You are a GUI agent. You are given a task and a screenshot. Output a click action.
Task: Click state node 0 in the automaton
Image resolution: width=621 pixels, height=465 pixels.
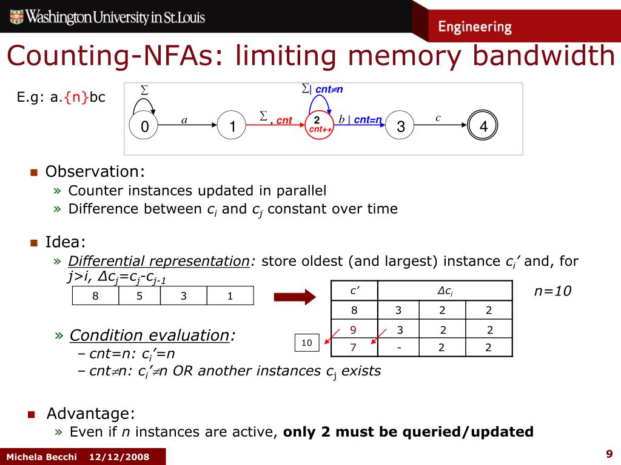click(x=145, y=127)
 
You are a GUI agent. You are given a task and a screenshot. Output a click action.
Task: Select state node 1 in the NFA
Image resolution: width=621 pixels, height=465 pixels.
click(x=232, y=127)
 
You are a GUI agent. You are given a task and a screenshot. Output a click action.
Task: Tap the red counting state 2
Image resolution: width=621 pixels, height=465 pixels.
click(x=317, y=125)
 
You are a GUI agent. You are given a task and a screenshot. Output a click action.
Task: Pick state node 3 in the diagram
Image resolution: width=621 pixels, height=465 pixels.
click(x=400, y=127)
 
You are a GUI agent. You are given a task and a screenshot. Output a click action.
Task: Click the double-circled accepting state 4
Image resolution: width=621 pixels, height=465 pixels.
click(x=483, y=127)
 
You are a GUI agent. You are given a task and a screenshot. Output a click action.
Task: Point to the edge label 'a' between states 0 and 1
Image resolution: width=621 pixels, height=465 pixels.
click(x=184, y=120)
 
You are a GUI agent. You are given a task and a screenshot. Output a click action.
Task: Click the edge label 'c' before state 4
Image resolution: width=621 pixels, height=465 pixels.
click(x=438, y=118)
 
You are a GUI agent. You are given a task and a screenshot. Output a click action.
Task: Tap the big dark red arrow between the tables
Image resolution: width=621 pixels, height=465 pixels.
click(x=294, y=296)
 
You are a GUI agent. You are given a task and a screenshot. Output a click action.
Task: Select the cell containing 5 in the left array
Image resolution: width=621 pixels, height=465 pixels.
click(x=139, y=296)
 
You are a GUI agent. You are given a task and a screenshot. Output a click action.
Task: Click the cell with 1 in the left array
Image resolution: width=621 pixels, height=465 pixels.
click(x=230, y=296)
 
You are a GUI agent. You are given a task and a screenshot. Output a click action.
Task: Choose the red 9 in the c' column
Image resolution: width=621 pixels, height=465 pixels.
click(x=353, y=330)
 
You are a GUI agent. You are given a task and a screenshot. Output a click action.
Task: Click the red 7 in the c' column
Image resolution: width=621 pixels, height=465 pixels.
click(x=353, y=348)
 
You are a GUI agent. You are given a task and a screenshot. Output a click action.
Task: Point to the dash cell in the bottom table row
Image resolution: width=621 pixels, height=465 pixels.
click(x=399, y=348)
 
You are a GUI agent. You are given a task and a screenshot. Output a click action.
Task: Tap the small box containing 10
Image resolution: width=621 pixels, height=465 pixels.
click(x=306, y=343)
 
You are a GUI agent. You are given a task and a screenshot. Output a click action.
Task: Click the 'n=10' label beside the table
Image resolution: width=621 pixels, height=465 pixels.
click(x=552, y=291)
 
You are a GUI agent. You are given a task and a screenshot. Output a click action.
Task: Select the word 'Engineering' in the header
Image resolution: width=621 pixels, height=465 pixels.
click(x=475, y=27)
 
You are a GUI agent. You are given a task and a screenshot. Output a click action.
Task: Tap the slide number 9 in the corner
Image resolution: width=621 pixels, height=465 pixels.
click(x=609, y=454)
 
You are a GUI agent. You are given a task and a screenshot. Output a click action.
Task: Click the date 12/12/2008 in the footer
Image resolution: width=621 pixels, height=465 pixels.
click(x=119, y=457)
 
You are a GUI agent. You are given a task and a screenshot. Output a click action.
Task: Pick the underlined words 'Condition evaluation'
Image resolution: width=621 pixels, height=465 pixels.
click(x=149, y=335)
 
